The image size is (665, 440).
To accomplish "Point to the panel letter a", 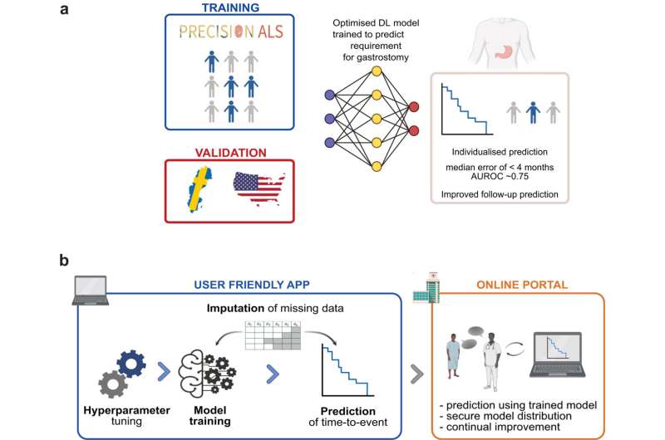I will (63, 9).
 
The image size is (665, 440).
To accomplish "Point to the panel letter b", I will (63, 259).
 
